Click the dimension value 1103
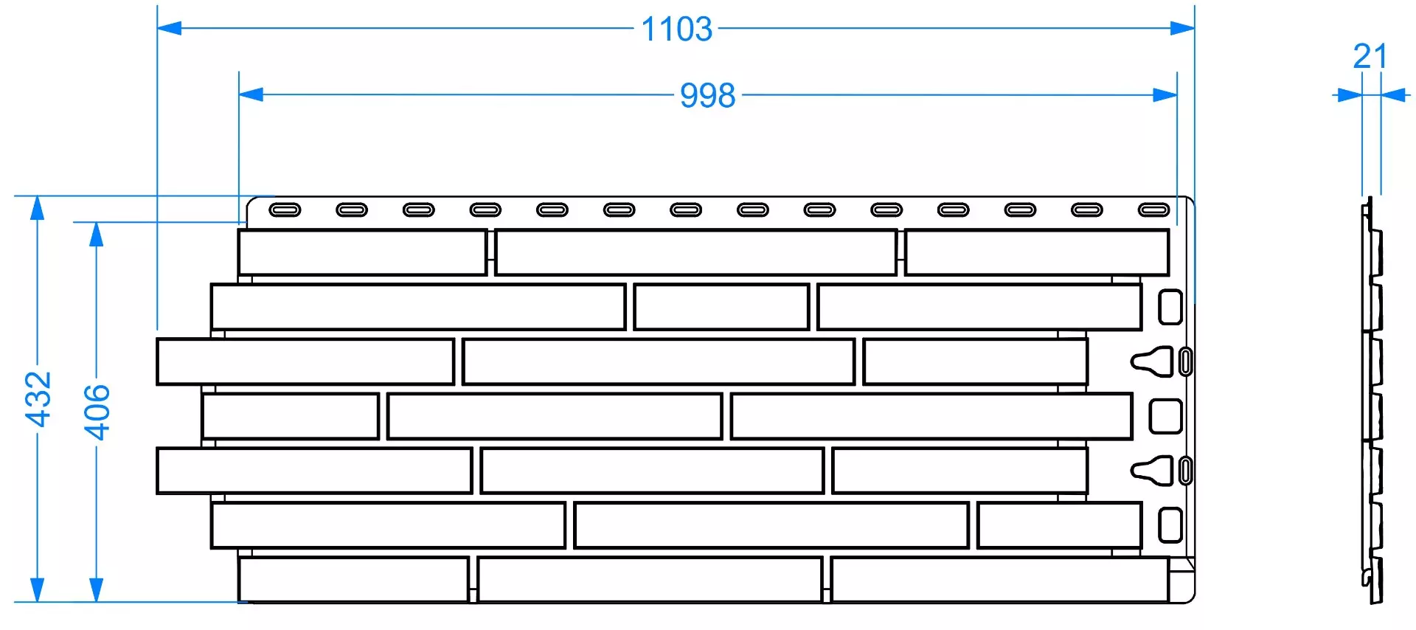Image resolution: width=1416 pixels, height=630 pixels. [x=676, y=30]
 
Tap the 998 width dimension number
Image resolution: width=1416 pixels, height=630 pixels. [x=707, y=96]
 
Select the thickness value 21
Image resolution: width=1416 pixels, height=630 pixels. [x=1370, y=56]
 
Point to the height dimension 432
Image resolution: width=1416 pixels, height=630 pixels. [x=38, y=399]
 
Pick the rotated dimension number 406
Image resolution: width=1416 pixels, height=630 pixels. [x=97, y=412]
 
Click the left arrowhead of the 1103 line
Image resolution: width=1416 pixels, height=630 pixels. [x=170, y=28]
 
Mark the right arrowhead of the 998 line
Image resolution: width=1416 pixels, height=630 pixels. [x=1165, y=94]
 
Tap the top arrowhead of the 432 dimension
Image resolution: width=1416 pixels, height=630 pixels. [x=37, y=209]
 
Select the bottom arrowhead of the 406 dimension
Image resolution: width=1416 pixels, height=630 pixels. [x=96, y=589]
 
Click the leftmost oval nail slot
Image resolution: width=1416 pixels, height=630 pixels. [x=285, y=210]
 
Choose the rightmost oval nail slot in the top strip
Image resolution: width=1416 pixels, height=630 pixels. [x=1153, y=210]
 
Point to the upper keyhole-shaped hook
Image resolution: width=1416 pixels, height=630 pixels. [x=1152, y=361]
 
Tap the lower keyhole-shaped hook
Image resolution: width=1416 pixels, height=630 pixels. [x=1152, y=471]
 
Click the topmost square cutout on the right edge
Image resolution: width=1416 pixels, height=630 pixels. [x=1170, y=307]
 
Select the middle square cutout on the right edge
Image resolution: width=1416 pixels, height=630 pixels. [x=1166, y=417]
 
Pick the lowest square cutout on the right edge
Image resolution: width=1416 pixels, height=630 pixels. [x=1170, y=525]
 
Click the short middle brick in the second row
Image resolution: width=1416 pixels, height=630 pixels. [x=721, y=307]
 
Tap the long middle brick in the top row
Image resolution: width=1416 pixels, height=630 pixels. [x=696, y=252]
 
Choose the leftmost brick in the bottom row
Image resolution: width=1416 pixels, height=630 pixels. [x=353, y=580]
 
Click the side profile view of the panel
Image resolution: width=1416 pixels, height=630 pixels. [x=1372, y=401]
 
